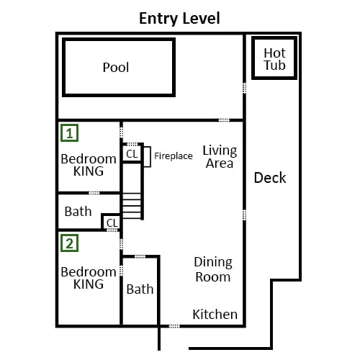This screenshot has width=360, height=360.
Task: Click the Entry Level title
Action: [x=179, y=19]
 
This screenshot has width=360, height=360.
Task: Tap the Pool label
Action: [x=116, y=68]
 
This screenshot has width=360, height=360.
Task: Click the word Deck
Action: [x=270, y=178]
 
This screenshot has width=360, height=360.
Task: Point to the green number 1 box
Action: [x=70, y=132]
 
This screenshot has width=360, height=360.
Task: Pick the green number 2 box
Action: [x=70, y=243]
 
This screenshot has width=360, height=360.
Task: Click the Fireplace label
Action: [x=174, y=156]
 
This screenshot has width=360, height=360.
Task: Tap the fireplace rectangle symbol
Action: [x=147, y=156]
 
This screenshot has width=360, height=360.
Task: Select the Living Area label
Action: [x=220, y=157]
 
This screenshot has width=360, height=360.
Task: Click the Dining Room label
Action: [x=213, y=269]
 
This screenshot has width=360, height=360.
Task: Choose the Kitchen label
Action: [x=215, y=314]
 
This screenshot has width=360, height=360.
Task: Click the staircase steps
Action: [x=132, y=206]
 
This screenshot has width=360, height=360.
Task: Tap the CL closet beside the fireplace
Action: [x=132, y=154]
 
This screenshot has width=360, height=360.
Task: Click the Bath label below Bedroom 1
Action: [x=78, y=212]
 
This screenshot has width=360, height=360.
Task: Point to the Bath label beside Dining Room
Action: [x=140, y=289]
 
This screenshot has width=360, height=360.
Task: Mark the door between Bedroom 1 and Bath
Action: [x=94, y=193]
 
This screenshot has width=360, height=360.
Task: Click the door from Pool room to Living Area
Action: [x=224, y=120]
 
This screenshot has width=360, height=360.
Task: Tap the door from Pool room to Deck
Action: [x=244, y=88]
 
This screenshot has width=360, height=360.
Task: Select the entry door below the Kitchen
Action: [x=174, y=326]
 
